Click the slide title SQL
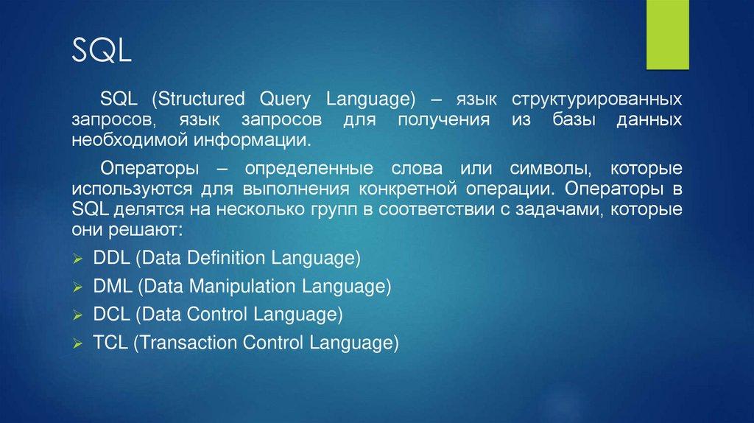[102, 50]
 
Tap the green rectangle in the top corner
[667, 35]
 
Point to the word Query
[285, 99]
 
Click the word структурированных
[596, 99]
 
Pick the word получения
[444, 120]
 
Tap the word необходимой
[130, 141]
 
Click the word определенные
[309, 169]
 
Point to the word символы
[550, 169]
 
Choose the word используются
[132, 189]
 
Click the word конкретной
[408, 189]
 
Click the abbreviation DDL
[112, 258]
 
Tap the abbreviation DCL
[112, 314]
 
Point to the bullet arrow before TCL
[78, 343]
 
